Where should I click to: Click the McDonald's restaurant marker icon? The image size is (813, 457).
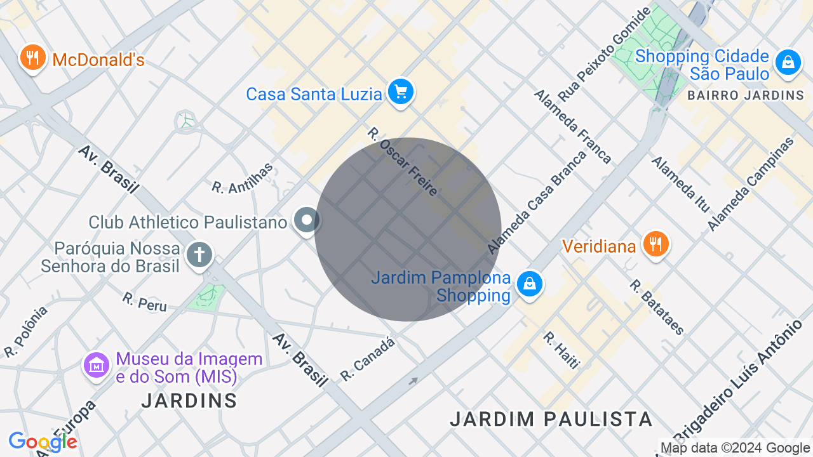(x=32, y=58)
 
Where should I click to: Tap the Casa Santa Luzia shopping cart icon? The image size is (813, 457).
(x=400, y=93)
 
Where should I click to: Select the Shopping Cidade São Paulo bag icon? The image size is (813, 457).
(x=788, y=62)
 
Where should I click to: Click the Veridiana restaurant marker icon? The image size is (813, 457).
(x=655, y=244)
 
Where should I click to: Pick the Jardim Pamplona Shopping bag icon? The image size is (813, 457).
(x=529, y=284)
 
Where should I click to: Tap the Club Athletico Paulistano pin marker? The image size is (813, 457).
(x=307, y=221)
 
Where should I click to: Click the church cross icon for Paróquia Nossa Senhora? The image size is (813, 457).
(x=199, y=256)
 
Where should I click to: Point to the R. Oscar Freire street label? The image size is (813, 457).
(x=403, y=162)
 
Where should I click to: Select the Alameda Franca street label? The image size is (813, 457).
(x=572, y=126)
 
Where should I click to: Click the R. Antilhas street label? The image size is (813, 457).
(x=243, y=178)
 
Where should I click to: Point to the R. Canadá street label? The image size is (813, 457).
(x=367, y=359)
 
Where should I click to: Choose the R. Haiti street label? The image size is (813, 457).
(x=561, y=350)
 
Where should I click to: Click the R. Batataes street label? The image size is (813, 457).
(x=657, y=307)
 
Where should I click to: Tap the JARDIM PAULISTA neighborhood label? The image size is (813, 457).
(x=551, y=419)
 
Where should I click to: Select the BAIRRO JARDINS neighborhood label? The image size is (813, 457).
(x=746, y=96)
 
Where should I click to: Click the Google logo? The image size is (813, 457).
(x=43, y=442)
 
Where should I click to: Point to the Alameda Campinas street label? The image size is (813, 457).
(x=751, y=184)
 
